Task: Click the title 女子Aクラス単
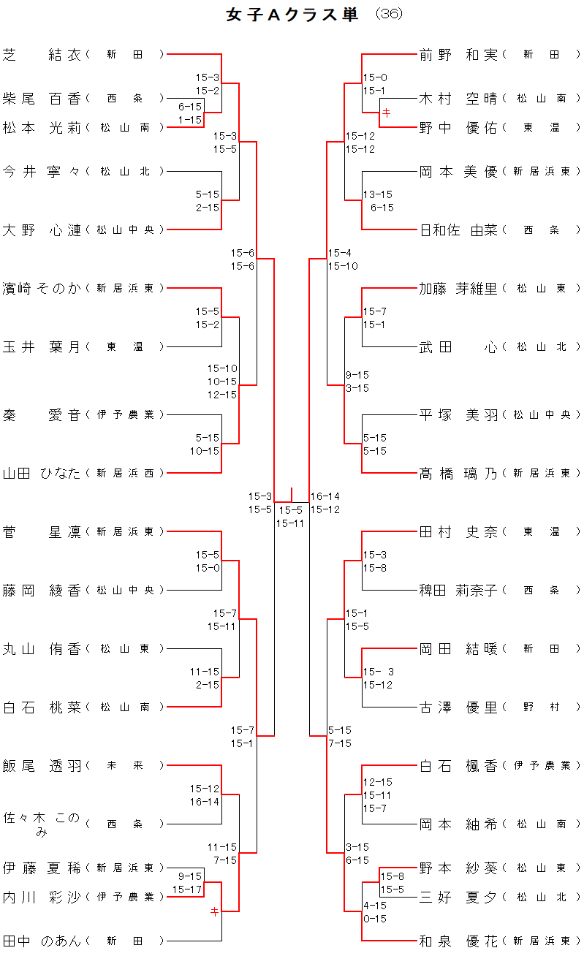pyautogui.click(x=292, y=15)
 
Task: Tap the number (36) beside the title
pyautogui.click(x=388, y=15)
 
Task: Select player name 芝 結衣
pyautogui.click(x=42, y=54)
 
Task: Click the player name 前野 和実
pyautogui.click(x=458, y=54)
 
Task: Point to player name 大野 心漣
pyautogui.click(x=42, y=229)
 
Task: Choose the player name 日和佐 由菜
pyautogui.click(x=458, y=229)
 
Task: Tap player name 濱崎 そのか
pyautogui.click(x=42, y=288)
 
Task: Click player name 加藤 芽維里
pyautogui.click(x=458, y=288)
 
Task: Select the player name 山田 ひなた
pyautogui.click(x=42, y=473)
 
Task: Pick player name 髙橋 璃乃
pyautogui.click(x=458, y=473)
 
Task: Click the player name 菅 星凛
pyautogui.click(x=42, y=531)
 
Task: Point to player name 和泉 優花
pyautogui.click(x=458, y=941)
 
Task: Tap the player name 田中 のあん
pyautogui.click(x=42, y=941)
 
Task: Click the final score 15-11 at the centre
pyautogui.click(x=290, y=523)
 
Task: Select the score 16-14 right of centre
pyautogui.click(x=325, y=496)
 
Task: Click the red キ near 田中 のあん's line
pyautogui.click(x=214, y=911)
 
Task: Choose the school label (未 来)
pyautogui.click(x=125, y=765)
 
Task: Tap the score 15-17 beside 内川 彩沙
pyautogui.click(x=187, y=889)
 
